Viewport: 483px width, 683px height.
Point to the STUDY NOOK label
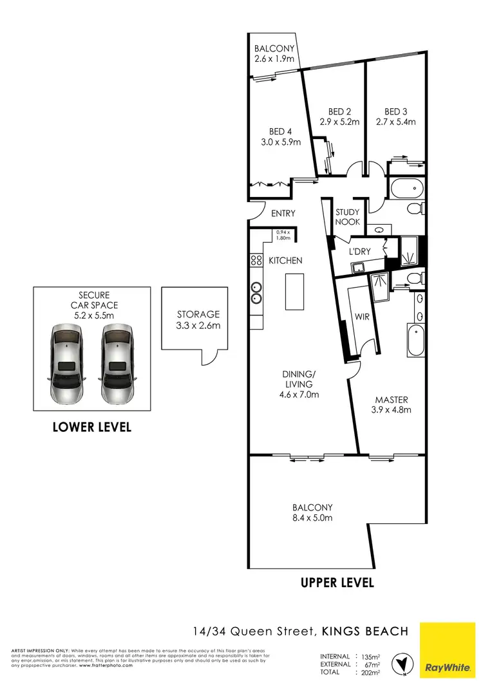[348, 217]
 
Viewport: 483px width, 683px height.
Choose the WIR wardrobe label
[361, 317]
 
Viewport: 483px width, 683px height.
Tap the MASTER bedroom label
[392, 399]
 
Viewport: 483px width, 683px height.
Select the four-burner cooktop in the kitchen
[255, 261]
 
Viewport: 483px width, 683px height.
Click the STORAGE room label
[198, 314]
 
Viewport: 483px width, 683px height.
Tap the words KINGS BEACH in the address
[365, 632]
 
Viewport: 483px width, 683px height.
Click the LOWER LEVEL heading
[92, 427]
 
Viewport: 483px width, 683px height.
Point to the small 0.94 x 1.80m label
[283, 235]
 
